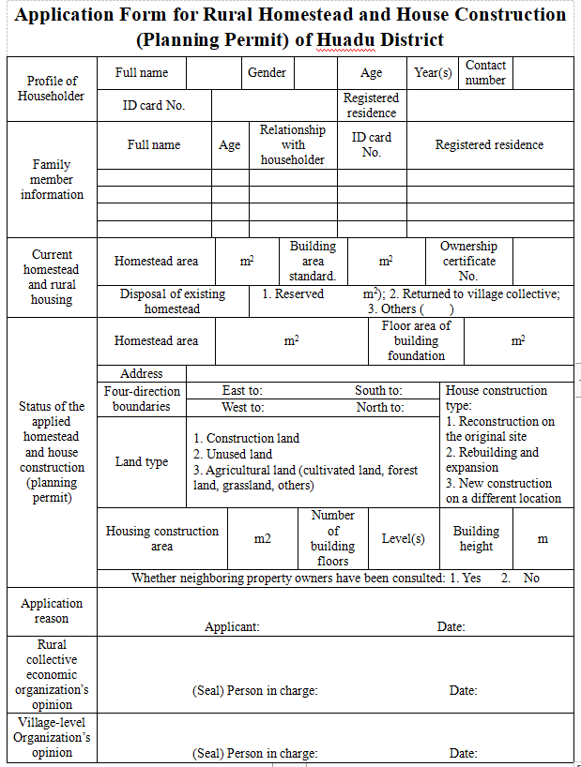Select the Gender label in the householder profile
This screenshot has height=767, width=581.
267,73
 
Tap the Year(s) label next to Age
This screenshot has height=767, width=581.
434,73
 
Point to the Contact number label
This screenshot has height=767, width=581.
485,73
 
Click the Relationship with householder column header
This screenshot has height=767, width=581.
293,145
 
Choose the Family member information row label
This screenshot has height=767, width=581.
52,179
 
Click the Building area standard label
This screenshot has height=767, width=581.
313,262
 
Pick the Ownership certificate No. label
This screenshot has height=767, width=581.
468,262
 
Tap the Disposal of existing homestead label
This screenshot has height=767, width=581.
173,301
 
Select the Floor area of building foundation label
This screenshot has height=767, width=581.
416,340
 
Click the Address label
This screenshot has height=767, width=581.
142,373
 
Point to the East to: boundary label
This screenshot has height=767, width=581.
242,390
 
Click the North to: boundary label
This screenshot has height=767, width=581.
380,407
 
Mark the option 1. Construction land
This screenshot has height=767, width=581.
247,438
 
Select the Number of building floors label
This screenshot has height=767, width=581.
333,538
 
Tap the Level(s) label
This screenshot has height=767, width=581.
403,538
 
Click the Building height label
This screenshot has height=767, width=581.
476,538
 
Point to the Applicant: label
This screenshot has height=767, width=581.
232,626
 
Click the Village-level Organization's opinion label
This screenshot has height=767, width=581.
52,737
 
